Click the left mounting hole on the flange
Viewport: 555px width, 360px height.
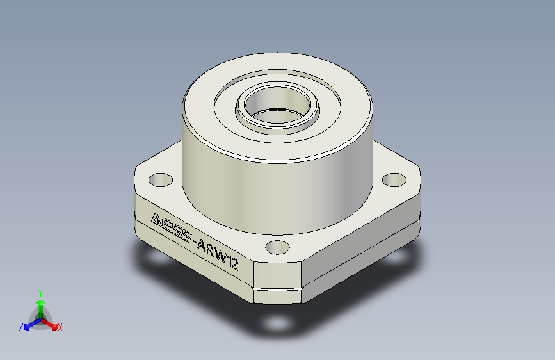point(160,180)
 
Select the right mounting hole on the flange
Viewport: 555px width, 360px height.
point(394,179)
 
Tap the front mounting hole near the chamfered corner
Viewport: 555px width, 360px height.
point(277,247)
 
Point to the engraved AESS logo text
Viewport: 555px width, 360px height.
point(172,228)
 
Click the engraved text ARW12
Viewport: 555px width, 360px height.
point(218,254)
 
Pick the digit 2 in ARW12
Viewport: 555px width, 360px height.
point(234,264)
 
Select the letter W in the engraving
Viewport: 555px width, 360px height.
point(220,256)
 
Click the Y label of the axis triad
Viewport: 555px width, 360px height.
point(40,293)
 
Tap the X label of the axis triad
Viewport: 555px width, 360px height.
point(60,328)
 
